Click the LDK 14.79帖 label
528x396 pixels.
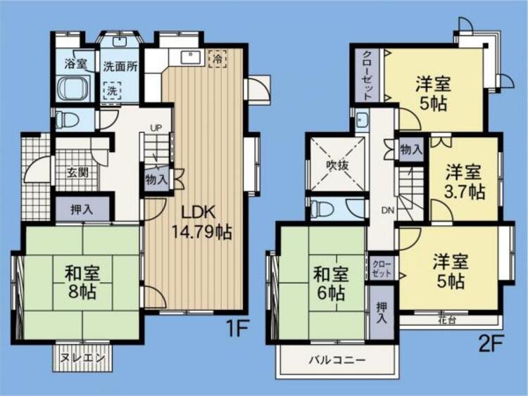tap(202, 222)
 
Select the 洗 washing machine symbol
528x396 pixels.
tap(113, 91)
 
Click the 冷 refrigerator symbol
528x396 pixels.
tap(218, 59)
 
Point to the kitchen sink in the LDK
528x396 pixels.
tap(191, 57)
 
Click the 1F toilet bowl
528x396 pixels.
tap(67, 120)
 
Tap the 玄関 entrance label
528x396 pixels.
tap(77, 173)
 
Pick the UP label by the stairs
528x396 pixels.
tap(156, 128)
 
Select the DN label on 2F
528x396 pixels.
tap(388, 211)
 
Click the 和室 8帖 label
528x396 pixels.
tap(82, 282)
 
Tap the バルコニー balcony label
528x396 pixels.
tap(337, 361)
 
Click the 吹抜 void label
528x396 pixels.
tap(337, 165)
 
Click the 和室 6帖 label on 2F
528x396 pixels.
tap(331, 283)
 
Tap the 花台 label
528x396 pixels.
tap(447, 320)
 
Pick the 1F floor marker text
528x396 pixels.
tap(237, 328)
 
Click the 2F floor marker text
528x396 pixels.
tap(490, 344)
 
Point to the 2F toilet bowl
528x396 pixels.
tap(322, 209)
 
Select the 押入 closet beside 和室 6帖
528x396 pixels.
tap(382, 313)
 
